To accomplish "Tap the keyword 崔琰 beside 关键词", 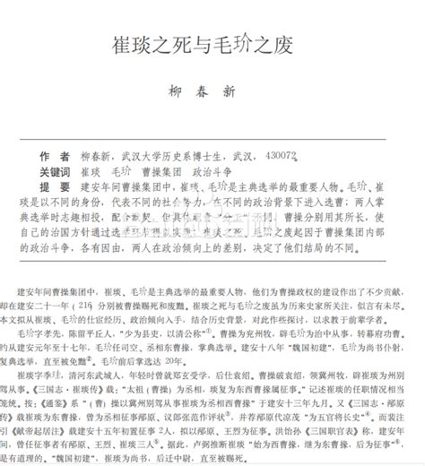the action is pos(91,146).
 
